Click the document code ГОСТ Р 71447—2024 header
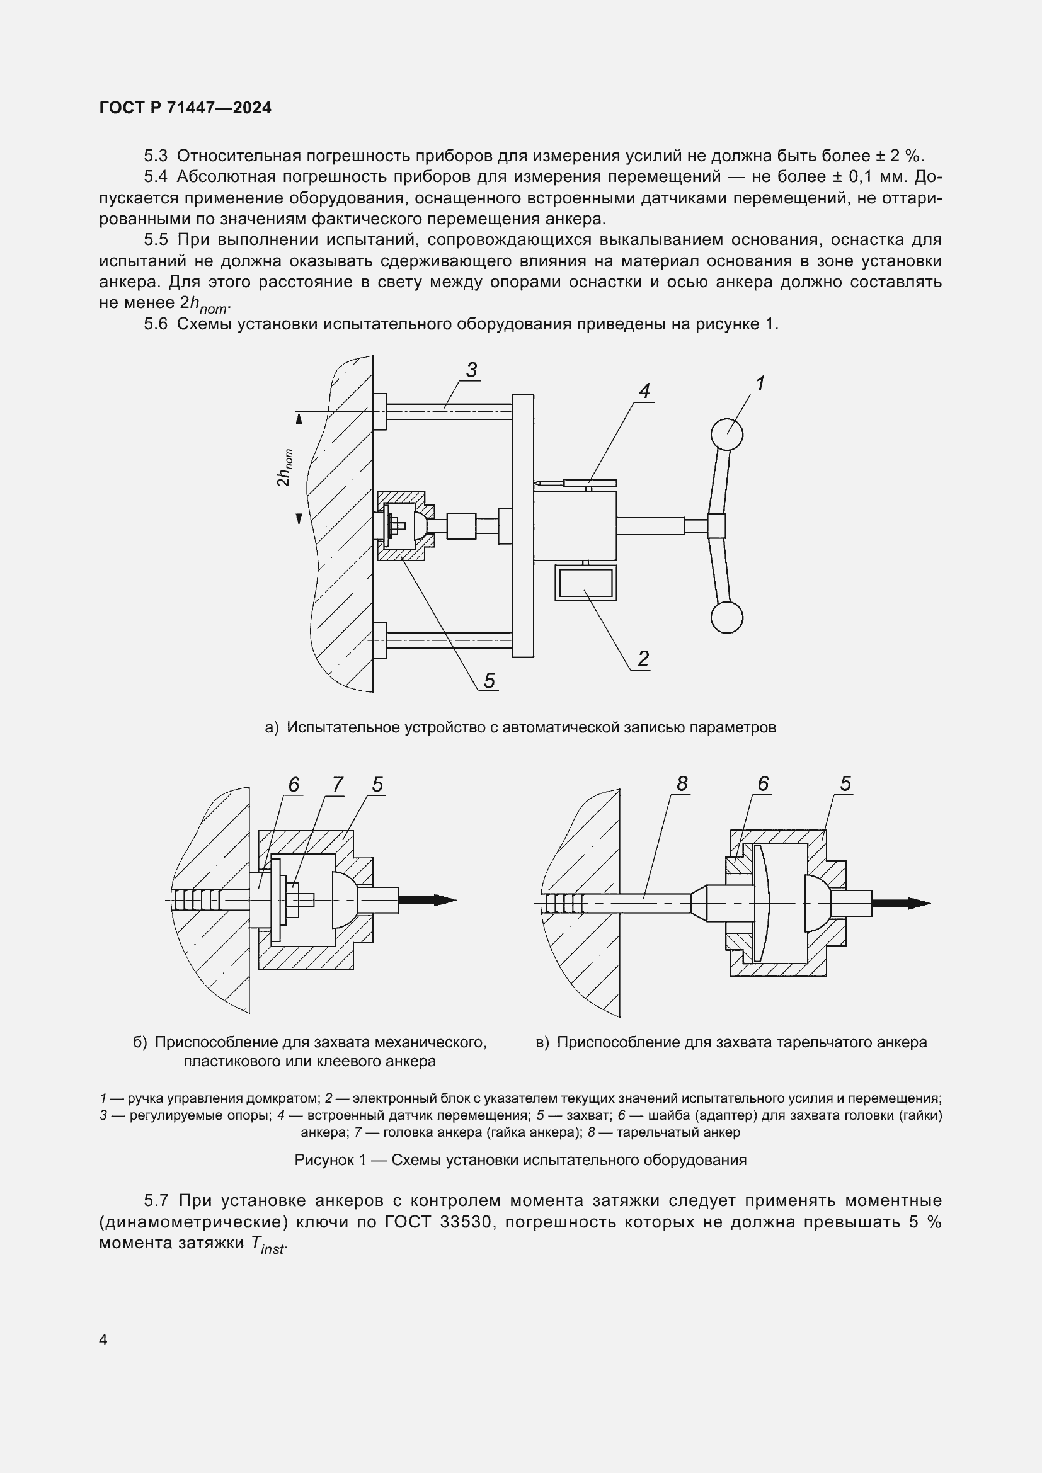tap(185, 108)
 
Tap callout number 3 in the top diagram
tap(472, 370)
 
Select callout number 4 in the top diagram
tap(644, 390)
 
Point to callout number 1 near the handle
tap(760, 384)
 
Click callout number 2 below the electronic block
tap(643, 658)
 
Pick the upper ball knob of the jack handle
tap(727, 435)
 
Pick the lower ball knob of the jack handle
tap(726, 618)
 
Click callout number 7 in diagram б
tap(338, 785)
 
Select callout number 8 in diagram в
tap(682, 783)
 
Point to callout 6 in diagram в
tap(763, 783)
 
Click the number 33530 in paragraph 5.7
tap(466, 1222)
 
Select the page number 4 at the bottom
tap(104, 1340)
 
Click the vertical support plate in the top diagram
tap(523, 525)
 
